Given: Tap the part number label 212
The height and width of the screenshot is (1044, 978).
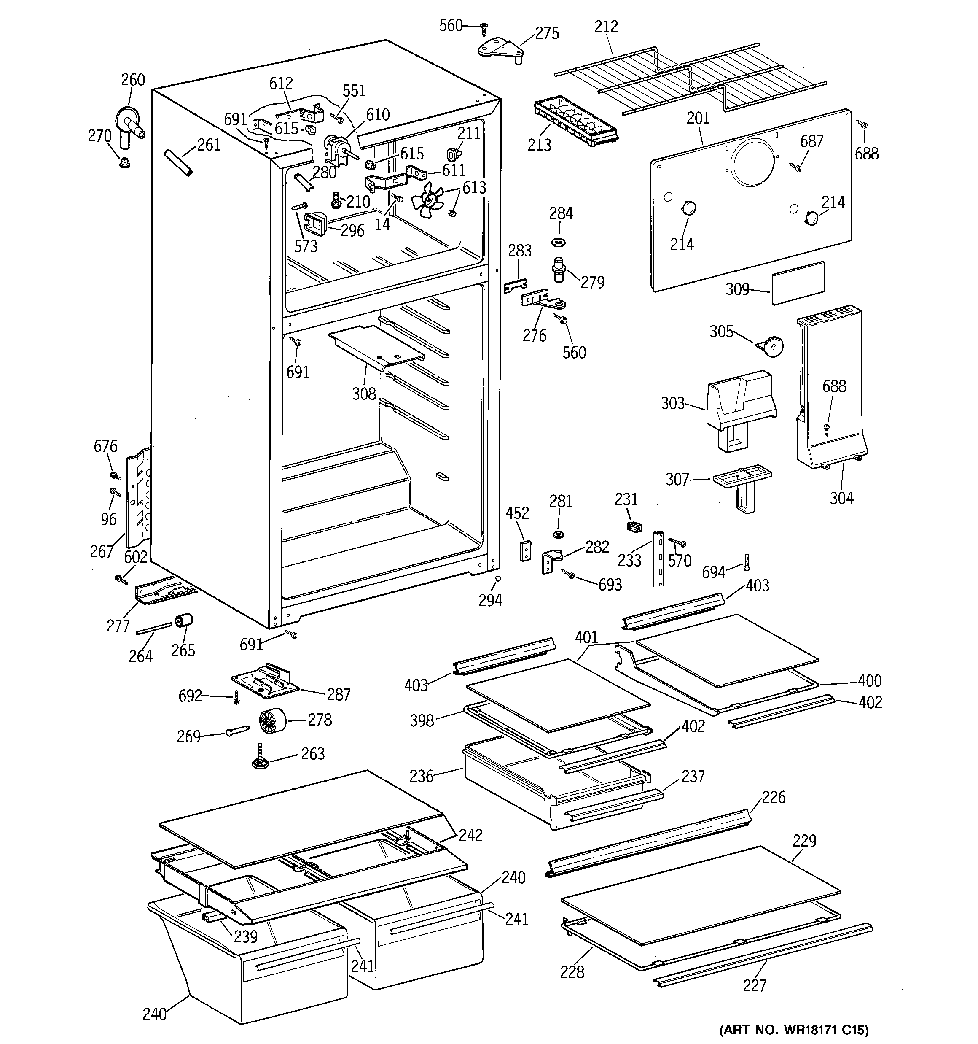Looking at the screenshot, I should (x=606, y=26).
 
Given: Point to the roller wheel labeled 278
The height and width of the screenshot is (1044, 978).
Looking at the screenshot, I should (x=272, y=720).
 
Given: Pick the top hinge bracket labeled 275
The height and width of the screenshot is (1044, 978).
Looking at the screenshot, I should (x=500, y=51).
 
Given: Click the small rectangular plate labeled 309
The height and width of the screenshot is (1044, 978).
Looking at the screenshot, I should (x=798, y=283).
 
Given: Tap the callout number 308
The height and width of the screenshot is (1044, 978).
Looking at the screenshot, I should (x=364, y=394).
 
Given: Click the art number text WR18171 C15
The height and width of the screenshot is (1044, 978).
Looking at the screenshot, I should (x=793, y=1029).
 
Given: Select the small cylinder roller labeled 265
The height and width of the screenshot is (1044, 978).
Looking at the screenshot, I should (x=184, y=621).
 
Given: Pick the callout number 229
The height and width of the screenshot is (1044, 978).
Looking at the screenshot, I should (x=804, y=841).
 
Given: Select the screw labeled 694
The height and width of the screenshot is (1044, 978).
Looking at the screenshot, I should (x=747, y=562).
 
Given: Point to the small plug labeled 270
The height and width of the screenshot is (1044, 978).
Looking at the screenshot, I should (x=124, y=161).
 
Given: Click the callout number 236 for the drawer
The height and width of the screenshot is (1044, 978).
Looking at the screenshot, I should (x=422, y=776).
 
